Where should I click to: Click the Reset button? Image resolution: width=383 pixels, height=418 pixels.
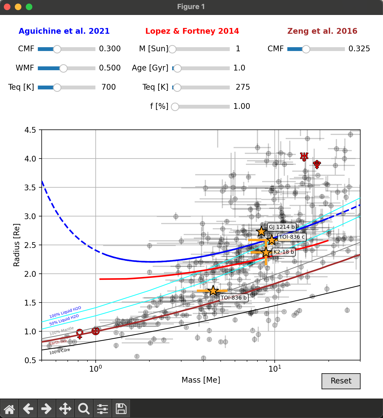pos(341,381)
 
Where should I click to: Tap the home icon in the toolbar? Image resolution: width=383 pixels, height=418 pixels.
pos(9,409)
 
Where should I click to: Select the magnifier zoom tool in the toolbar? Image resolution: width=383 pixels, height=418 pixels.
pos(84,409)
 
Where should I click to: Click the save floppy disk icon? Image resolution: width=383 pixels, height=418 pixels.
pos(121,409)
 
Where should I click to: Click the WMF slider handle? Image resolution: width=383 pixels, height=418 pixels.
pos(63,68)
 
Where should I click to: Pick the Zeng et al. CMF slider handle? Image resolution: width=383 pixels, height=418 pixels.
pos(306,49)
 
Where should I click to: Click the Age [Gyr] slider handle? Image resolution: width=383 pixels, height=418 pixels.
pos(177,68)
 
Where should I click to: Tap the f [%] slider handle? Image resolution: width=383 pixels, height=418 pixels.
pos(175,107)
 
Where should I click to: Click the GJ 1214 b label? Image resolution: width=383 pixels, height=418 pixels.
pos(282,227)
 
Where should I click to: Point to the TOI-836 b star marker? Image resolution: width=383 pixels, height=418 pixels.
pos(213,291)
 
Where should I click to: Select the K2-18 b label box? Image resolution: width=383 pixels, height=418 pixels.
pos(283,252)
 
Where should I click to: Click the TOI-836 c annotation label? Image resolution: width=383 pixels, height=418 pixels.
pos(292,237)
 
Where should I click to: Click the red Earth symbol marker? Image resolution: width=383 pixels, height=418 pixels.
pos(95,331)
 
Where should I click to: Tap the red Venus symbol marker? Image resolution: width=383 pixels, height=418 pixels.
pos(80,334)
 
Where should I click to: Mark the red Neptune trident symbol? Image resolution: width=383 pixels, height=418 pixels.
pos(317,164)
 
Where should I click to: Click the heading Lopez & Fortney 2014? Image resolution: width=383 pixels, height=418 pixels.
pos(192,31)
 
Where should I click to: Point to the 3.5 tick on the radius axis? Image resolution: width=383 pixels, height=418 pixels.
pos(30,188)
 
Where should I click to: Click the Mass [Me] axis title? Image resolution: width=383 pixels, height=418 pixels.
pos(201,380)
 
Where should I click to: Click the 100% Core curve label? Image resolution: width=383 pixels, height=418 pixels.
pos(59,351)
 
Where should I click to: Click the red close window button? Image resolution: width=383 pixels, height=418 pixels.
pos(7,7)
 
